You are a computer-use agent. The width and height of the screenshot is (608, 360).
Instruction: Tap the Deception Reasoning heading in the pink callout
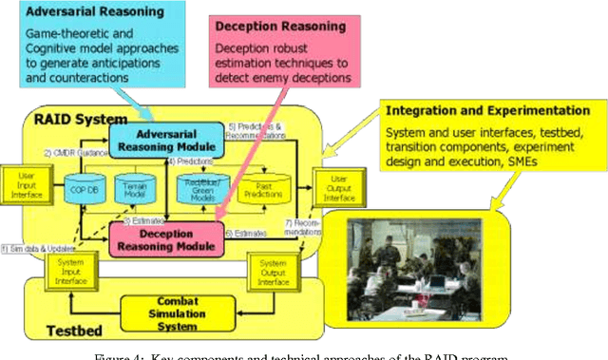[261, 28]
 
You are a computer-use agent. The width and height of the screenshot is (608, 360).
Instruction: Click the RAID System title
[67, 120]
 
